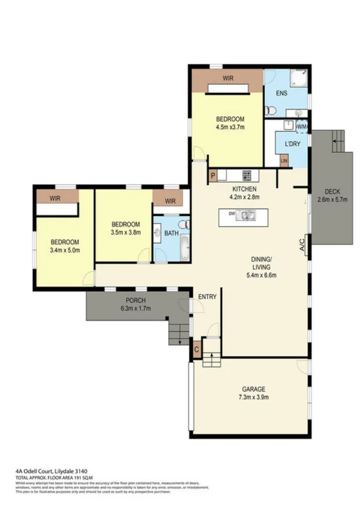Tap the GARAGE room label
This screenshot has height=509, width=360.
click(x=253, y=388)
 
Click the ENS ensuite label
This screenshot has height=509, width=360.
click(x=281, y=94)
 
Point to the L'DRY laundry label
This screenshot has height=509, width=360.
click(x=292, y=144)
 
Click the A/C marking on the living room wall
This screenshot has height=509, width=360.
click(x=302, y=245)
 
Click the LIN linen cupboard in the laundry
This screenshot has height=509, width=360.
click(x=284, y=161)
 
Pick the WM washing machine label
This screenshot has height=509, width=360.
click(x=302, y=127)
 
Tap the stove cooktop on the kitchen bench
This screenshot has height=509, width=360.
click(x=246, y=175)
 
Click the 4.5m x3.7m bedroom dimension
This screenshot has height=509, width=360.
click(x=231, y=127)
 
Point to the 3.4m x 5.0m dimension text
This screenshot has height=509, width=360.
click(x=65, y=251)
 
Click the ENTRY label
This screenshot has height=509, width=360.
click(x=207, y=296)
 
